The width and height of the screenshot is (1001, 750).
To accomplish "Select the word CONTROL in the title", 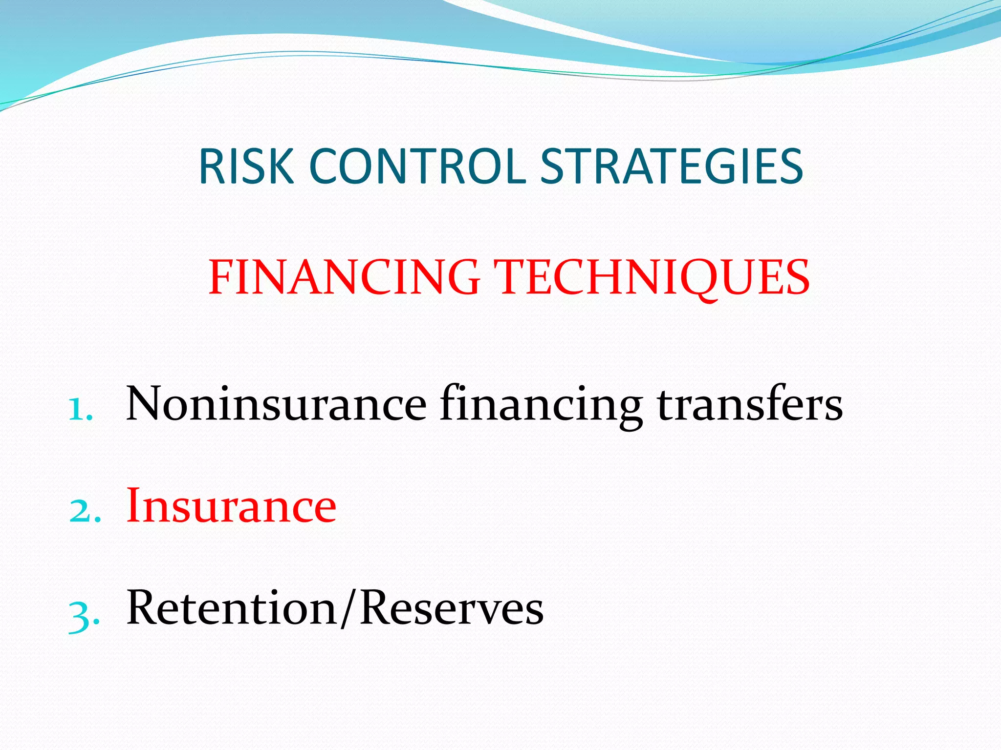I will pos(418,167).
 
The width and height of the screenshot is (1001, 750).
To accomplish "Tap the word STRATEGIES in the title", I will pos(672,167).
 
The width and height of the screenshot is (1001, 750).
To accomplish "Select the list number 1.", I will pos(79,409).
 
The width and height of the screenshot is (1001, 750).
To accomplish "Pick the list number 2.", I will pos(84,511).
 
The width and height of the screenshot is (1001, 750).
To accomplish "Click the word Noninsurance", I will pos(276,404).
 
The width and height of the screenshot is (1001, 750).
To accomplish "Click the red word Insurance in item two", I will pos(231,506).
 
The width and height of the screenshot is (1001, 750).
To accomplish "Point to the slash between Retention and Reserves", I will pos(348,609).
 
